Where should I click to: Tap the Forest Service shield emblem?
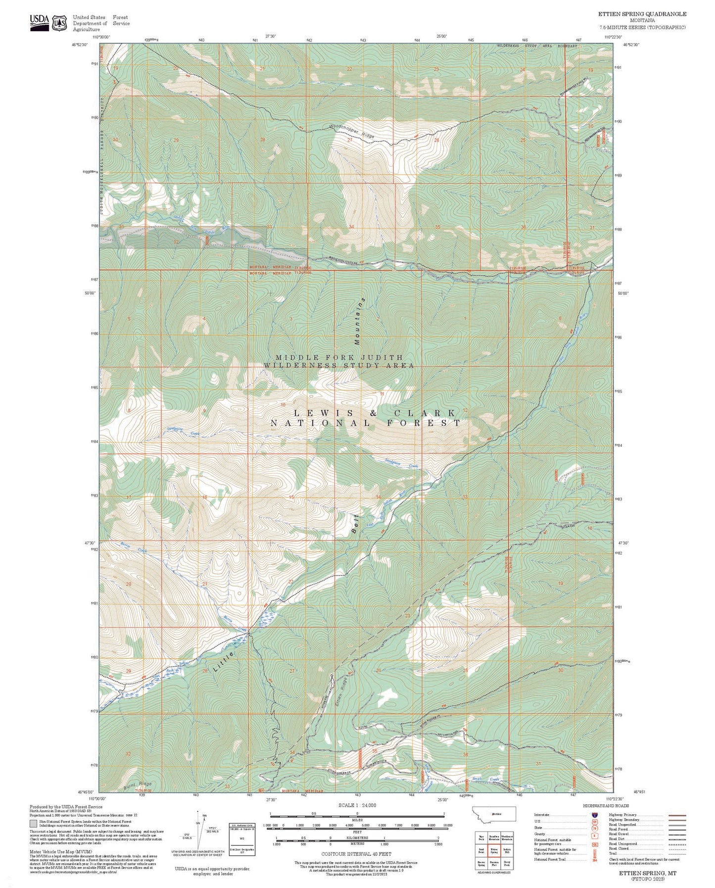point(60,23)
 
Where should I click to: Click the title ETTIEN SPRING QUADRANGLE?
point(642,14)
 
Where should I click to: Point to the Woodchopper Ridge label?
point(352,131)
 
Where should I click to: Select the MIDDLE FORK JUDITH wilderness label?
point(339,357)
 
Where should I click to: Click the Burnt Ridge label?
point(138,785)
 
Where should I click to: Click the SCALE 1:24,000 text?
point(357,805)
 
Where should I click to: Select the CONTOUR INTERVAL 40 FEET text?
point(356,854)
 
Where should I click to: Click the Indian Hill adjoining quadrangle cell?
point(506,850)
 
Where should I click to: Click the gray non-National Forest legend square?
point(33,824)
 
